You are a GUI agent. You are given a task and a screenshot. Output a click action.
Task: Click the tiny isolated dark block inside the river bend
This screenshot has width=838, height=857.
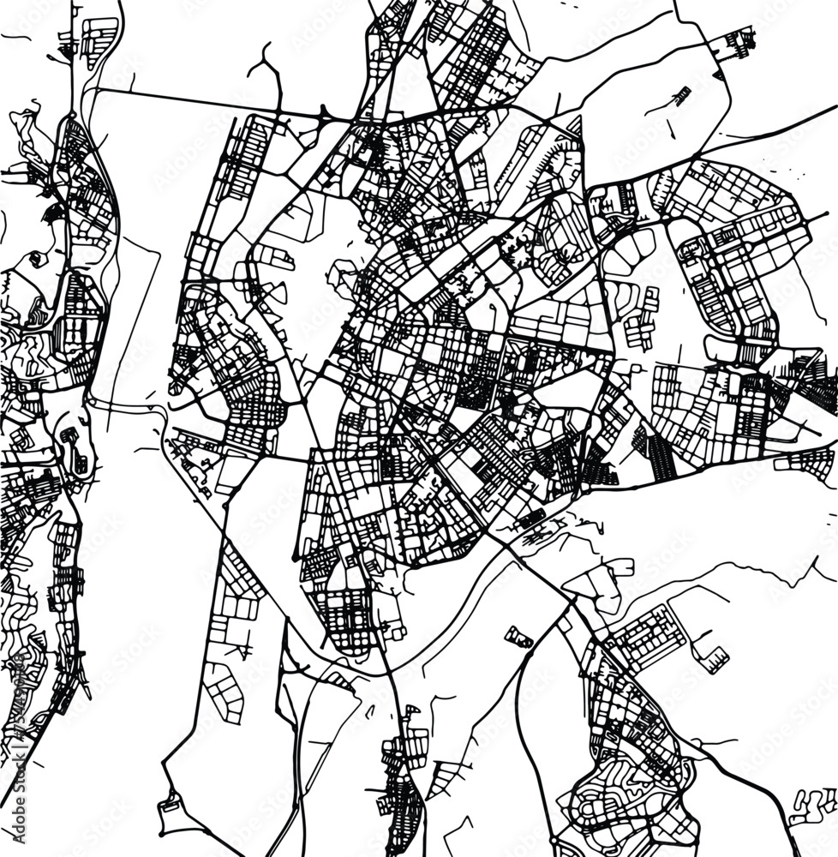(x=519, y=638)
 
